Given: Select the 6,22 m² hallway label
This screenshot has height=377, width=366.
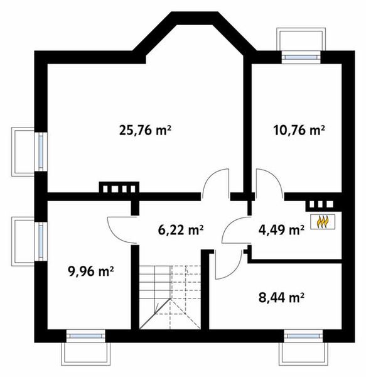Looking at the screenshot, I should click(181, 229).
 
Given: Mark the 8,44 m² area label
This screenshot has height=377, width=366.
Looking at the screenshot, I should click(281, 295).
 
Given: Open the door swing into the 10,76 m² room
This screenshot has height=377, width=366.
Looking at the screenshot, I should click(267, 182).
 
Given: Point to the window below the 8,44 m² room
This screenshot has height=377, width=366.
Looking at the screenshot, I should click(302, 336).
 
